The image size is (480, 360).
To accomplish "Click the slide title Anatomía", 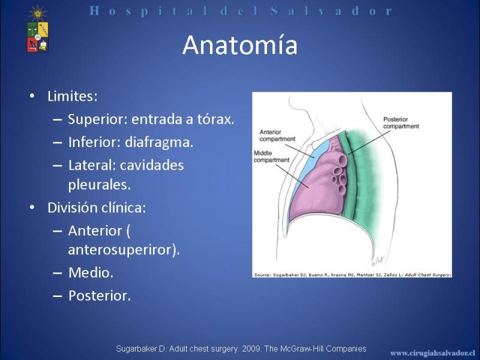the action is [x=239, y=46].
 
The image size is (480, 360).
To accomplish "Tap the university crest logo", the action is [x=38, y=29].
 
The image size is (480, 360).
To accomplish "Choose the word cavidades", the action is [x=152, y=166].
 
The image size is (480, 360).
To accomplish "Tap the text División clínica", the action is [x=97, y=208].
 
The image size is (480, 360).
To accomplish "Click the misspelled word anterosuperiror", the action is [x=122, y=250].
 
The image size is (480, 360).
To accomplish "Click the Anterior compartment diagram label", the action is [x=277, y=136].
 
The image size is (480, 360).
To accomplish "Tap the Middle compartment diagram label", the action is [x=271, y=156].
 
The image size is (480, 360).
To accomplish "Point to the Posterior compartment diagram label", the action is [x=401, y=123].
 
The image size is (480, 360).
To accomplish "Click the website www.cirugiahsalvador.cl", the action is [x=433, y=353].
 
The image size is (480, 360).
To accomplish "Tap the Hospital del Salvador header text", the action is [x=241, y=11].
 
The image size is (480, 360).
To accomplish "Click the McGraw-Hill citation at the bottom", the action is [x=241, y=349].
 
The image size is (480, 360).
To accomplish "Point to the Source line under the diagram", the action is [x=352, y=275].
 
